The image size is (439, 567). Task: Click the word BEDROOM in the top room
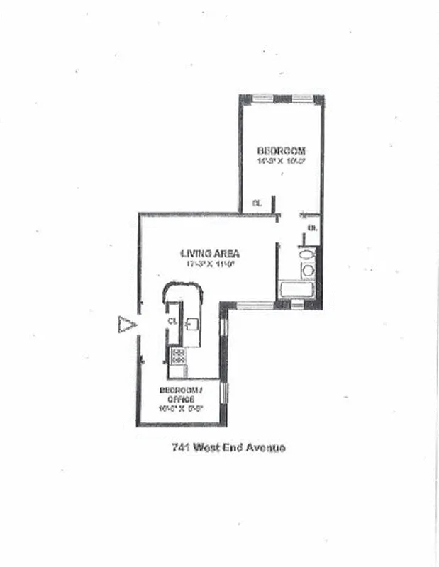pos(281,150)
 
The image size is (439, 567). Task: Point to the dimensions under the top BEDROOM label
pos(281,161)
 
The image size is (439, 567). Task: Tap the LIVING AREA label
pos(209,253)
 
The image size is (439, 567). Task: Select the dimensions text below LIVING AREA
pos(209,264)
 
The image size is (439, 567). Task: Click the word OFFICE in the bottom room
pos(182,399)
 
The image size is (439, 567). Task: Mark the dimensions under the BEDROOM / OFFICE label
pos(182,408)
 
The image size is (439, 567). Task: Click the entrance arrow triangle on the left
pos(127,325)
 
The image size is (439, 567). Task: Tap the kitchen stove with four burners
pos(177,356)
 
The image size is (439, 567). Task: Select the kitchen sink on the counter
pos(192,323)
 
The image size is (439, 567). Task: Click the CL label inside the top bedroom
pos(257,203)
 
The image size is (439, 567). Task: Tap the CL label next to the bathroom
pos(313,228)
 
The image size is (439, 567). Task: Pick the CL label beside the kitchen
pos(172,320)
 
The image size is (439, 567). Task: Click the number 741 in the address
pos(180,447)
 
